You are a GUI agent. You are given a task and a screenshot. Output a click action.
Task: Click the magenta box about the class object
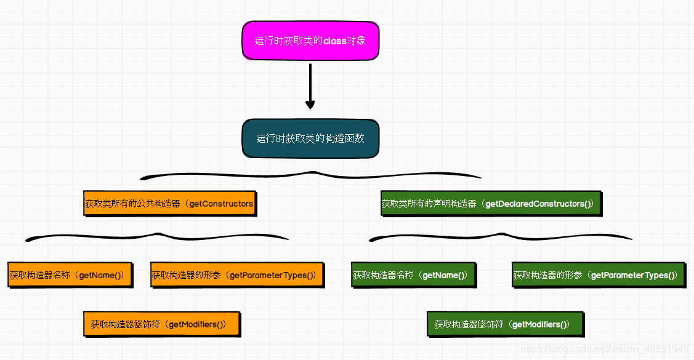310,41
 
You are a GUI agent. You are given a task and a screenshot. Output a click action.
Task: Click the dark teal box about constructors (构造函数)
310,138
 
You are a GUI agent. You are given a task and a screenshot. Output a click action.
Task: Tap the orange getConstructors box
169,204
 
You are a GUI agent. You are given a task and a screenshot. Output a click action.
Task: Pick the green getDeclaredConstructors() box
491,204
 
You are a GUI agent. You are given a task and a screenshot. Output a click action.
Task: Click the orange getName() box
70,275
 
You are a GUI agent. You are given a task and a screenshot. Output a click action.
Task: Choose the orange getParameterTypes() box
236,275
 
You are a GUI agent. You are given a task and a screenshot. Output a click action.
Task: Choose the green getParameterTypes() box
598,275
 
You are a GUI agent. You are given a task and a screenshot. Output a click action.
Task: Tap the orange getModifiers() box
161,324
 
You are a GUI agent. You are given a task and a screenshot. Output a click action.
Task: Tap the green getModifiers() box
505,324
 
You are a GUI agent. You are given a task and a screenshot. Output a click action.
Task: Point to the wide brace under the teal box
310,174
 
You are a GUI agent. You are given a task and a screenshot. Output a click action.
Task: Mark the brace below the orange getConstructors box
157,236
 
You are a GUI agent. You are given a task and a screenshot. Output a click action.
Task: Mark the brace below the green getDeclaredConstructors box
500,236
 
